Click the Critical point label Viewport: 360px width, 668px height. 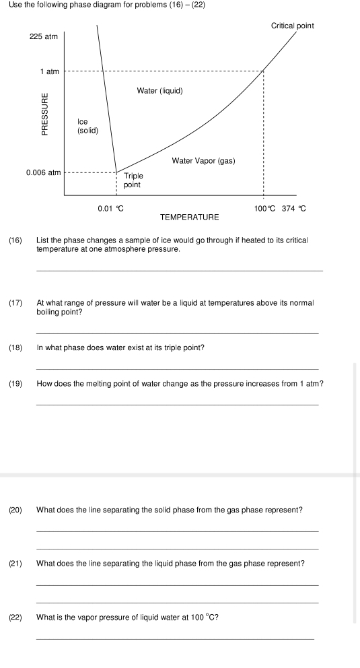(292, 26)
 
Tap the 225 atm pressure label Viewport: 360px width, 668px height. (44, 36)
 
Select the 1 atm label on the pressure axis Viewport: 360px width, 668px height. (49, 71)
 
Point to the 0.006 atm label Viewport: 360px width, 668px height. (43, 172)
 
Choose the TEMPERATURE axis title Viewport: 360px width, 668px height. (190, 218)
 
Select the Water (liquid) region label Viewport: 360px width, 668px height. (159, 90)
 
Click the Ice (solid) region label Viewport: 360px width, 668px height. (87, 126)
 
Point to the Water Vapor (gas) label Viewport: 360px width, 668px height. (203, 161)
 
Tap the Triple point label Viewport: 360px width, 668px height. (133, 180)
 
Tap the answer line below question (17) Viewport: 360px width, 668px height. (177, 333)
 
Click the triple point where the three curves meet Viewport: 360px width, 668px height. (116, 172)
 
